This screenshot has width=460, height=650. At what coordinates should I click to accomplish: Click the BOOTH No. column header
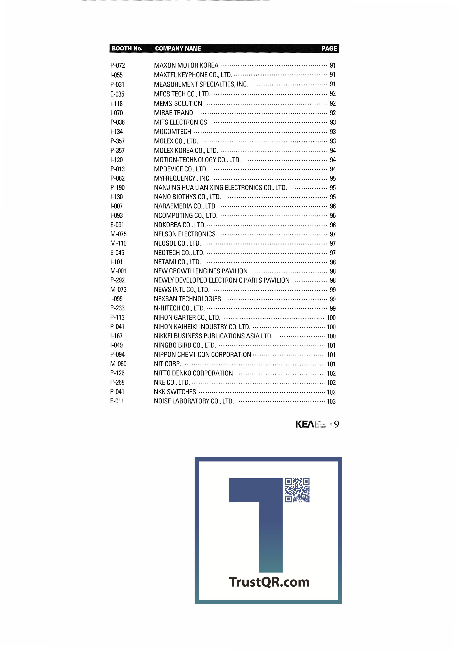tap(127, 48)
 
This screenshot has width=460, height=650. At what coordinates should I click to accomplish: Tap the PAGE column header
tap(329, 48)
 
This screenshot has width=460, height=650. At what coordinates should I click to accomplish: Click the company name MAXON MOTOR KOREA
tap(186, 65)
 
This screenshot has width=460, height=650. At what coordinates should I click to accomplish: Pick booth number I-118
tap(116, 104)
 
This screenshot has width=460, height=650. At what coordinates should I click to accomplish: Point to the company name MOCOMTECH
tap(172, 132)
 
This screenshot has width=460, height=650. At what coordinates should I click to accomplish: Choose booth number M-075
tap(118, 234)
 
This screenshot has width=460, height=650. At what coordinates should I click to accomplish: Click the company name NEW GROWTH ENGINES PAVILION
tap(201, 271)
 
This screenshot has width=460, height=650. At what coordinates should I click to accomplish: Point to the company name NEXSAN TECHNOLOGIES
tap(187, 299)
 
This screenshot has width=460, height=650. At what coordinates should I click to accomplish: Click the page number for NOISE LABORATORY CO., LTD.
tap(331, 401)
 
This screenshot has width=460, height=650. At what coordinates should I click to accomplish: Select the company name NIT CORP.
tap(167, 364)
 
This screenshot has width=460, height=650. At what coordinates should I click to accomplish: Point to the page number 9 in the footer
tap(336, 424)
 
